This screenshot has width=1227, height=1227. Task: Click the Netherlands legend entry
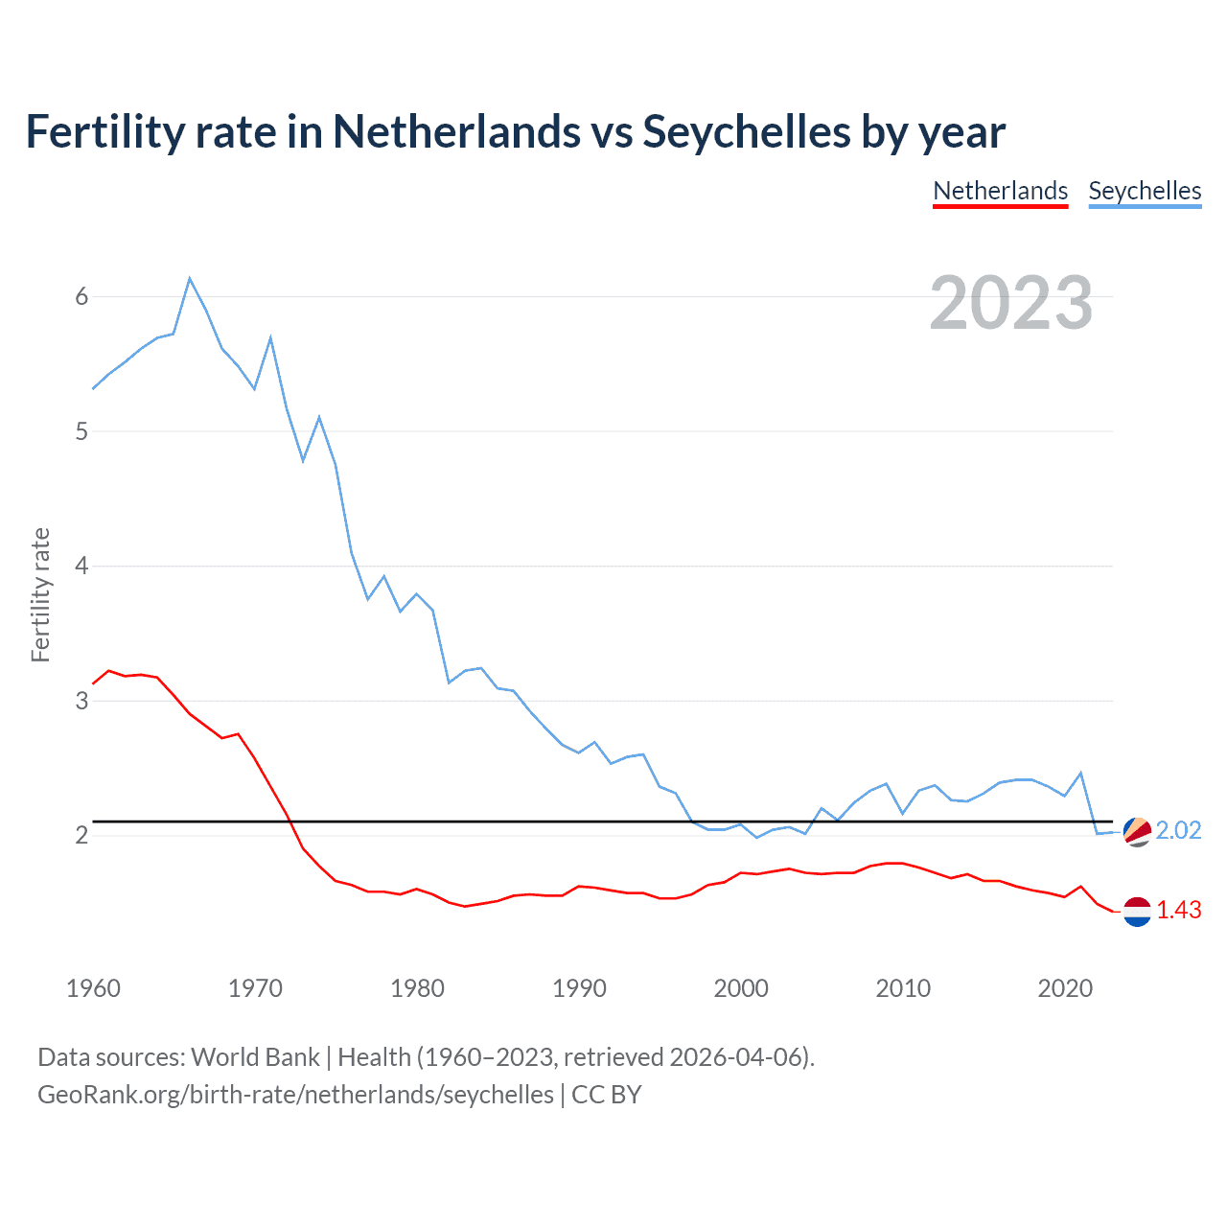(x=1000, y=191)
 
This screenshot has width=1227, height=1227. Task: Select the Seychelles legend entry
(x=1145, y=191)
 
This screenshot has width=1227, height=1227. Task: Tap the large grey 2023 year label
(x=1010, y=303)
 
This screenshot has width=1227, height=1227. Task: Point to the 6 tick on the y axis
(x=81, y=296)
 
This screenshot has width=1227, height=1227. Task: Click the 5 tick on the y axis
(x=81, y=431)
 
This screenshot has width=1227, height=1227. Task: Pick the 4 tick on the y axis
(x=81, y=566)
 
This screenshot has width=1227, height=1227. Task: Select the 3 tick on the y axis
(x=81, y=701)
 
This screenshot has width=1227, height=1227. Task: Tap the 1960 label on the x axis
(x=93, y=988)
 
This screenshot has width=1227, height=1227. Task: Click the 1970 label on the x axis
(x=255, y=988)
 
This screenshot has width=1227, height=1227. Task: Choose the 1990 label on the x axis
(x=579, y=988)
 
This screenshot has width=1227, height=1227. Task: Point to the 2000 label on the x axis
(x=741, y=988)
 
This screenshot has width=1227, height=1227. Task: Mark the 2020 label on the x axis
(x=1065, y=988)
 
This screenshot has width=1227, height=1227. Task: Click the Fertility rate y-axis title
(x=40, y=594)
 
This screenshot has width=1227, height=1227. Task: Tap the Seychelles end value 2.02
(x=1178, y=830)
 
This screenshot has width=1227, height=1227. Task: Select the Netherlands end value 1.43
(x=1178, y=910)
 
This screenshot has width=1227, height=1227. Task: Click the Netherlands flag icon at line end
(x=1137, y=912)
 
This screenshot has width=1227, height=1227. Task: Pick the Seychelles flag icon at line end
(x=1137, y=831)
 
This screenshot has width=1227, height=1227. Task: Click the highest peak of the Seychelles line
(x=190, y=279)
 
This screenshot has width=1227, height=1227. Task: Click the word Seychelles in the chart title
(x=746, y=131)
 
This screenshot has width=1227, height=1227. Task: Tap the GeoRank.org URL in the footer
(x=295, y=1095)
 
